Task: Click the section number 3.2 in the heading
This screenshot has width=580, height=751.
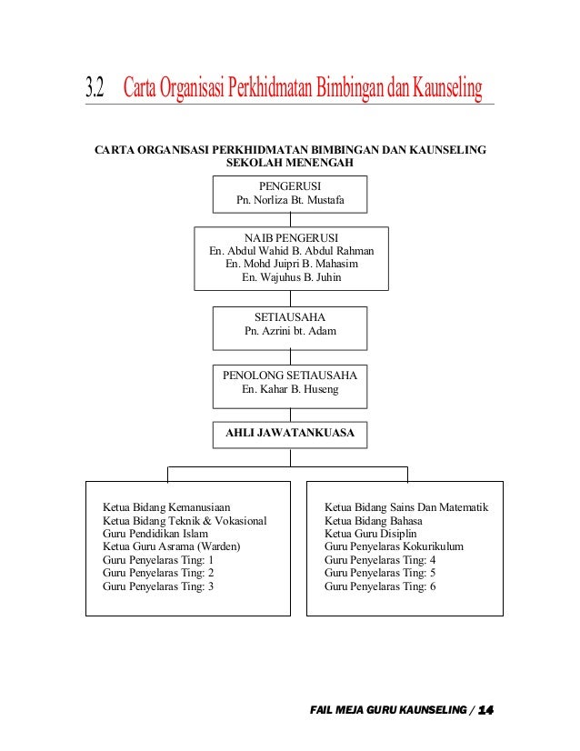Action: [x=94, y=88]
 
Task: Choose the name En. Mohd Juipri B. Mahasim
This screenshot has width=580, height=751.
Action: [x=291, y=264]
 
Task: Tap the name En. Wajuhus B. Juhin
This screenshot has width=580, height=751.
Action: [x=291, y=277]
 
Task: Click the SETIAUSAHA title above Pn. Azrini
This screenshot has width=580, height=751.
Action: [x=290, y=317]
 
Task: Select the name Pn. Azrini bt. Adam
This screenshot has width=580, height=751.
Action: [x=290, y=331]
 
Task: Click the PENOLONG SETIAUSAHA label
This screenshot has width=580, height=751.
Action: [x=290, y=375]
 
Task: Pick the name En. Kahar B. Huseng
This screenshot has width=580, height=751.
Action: [x=290, y=389]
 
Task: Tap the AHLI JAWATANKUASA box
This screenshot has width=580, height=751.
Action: [x=290, y=435]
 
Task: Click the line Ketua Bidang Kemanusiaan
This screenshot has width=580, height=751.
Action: [x=166, y=506]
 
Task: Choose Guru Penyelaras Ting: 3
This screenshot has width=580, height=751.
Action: [x=158, y=586]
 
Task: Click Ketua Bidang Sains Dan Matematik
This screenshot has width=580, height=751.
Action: [x=406, y=506]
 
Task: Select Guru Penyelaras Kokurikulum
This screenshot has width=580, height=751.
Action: [x=394, y=546]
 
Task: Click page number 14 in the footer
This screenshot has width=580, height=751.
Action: [x=485, y=709]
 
